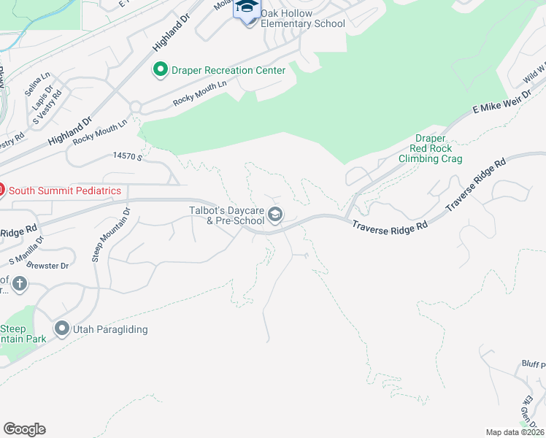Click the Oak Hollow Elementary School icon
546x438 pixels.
tap(247, 9)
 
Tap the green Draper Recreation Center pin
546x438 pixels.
tap(160, 70)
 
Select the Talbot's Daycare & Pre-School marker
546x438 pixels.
tap(276, 215)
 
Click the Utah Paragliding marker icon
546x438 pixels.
tap(62, 329)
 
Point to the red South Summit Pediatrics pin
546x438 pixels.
tap(1, 191)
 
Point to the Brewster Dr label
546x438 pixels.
tap(50, 266)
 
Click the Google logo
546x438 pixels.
tap(24, 429)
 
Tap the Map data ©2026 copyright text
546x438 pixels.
tap(514, 432)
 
